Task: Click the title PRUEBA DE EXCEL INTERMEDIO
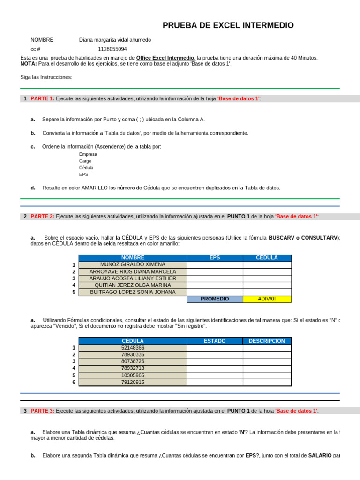(228, 25)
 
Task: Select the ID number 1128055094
(112, 49)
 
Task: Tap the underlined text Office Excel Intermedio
(166, 58)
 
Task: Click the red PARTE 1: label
(42, 98)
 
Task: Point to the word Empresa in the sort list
(88, 154)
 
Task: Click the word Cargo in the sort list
(85, 161)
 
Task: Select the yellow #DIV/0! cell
(267, 299)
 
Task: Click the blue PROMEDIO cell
(215, 299)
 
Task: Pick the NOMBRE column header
(133, 258)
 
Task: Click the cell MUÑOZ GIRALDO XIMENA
(133, 265)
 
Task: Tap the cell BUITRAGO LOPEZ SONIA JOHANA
(133, 292)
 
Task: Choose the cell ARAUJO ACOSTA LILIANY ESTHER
(133, 278)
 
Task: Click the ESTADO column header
(215, 341)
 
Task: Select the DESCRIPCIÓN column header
(267, 341)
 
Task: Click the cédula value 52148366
(133, 348)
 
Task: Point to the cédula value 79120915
(133, 382)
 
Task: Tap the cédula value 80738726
(133, 361)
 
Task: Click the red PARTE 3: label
(42, 411)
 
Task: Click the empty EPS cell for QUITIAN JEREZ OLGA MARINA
(215, 285)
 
